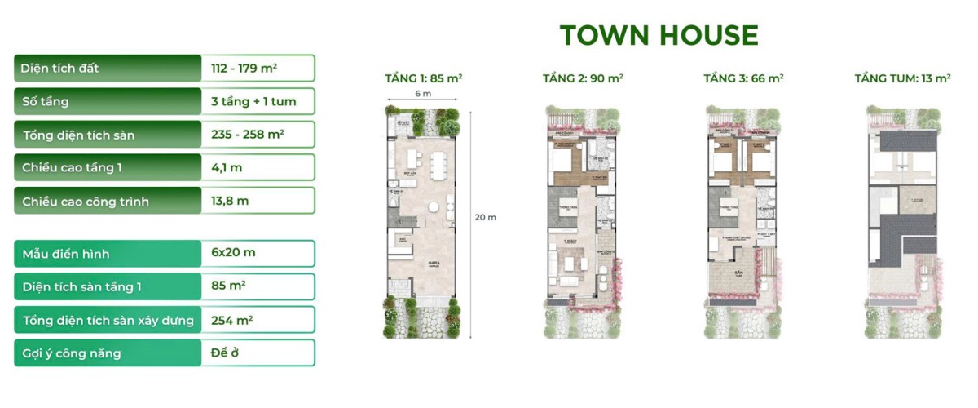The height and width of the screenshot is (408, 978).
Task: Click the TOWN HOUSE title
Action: (x=659, y=35)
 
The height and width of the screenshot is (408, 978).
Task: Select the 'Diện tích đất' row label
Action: (x=61, y=69)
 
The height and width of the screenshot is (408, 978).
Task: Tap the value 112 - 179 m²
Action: (x=242, y=69)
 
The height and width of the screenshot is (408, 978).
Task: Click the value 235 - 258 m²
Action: (x=247, y=135)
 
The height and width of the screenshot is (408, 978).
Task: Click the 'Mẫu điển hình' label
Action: (x=66, y=253)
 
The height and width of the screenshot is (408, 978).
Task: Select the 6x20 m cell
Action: (x=233, y=253)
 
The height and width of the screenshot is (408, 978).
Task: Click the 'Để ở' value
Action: (x=226, y=353)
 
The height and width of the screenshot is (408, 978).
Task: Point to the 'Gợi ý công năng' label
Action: (x=72, y=353)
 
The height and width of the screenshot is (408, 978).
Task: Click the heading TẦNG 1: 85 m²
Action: (x=424, y=78)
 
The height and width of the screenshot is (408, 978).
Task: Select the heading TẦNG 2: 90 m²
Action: (x=583, y=78)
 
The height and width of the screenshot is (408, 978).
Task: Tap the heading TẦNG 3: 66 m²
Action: (x=743, y=78)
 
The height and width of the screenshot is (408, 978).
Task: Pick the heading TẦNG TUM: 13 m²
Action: (x=902, y=78)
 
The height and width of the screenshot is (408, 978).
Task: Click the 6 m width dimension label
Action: (x=422, y=95)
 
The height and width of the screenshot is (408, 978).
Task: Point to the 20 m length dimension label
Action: (x=485, y=218)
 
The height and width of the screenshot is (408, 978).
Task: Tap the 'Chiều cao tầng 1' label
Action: (x=73, y=168)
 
